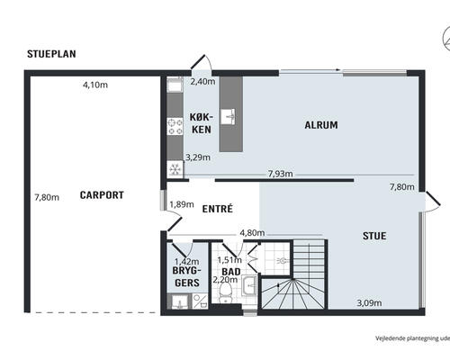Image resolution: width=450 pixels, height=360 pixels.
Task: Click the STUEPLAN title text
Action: pos(51,54)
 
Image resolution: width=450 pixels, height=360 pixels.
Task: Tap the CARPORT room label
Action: pos(102,195)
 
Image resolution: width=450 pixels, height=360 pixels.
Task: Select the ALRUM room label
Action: pos(321,125)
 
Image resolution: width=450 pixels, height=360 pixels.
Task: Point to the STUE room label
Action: pos(374,236)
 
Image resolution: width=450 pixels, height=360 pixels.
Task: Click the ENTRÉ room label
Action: pos(218,209)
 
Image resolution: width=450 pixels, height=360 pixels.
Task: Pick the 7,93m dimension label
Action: pos(281,174)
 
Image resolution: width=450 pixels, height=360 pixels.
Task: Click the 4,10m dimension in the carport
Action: pos(95,85)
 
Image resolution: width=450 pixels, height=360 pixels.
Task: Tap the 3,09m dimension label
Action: pos(369,302)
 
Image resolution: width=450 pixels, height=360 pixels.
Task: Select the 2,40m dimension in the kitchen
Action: pos(202,81)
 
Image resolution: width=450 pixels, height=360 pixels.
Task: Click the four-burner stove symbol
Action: pos(175,127)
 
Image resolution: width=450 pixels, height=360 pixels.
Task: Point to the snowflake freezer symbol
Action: pos(175,169)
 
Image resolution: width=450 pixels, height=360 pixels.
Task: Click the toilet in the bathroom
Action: pos(225,292)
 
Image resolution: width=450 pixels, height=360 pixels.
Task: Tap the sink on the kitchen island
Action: pos(228,117)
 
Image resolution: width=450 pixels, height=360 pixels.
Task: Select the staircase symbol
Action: pos(293,274)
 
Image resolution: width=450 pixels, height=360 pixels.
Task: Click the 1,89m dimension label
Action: pos(182,204)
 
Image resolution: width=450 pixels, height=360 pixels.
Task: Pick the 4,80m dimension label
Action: pos(252,232)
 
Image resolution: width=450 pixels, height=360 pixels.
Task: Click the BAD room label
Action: pos(231,272)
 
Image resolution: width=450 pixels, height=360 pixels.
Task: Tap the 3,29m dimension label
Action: pos(198,157)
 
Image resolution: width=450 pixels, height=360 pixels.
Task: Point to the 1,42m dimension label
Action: pos(186,262)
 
